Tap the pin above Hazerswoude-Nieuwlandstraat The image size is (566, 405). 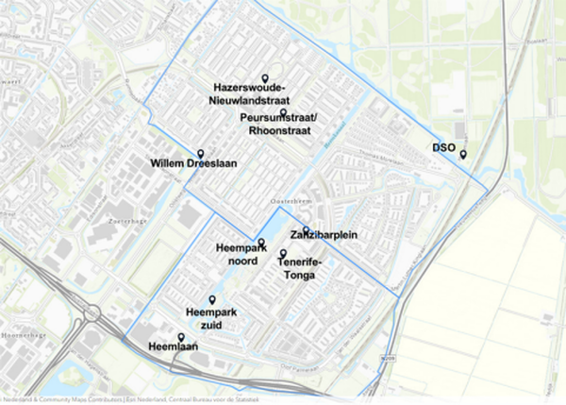265,78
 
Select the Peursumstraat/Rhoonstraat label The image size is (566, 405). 279,125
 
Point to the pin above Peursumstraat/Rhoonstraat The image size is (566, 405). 283,112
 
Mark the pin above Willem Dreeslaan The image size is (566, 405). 200,153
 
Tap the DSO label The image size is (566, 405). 443,147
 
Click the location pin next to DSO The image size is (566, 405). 463,154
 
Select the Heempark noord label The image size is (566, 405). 230,254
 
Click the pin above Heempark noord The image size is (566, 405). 262,243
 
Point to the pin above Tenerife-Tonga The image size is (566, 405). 282,253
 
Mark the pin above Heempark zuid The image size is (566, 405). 212,299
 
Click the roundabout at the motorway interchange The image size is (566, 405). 92,312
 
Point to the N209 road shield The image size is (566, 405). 377,360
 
